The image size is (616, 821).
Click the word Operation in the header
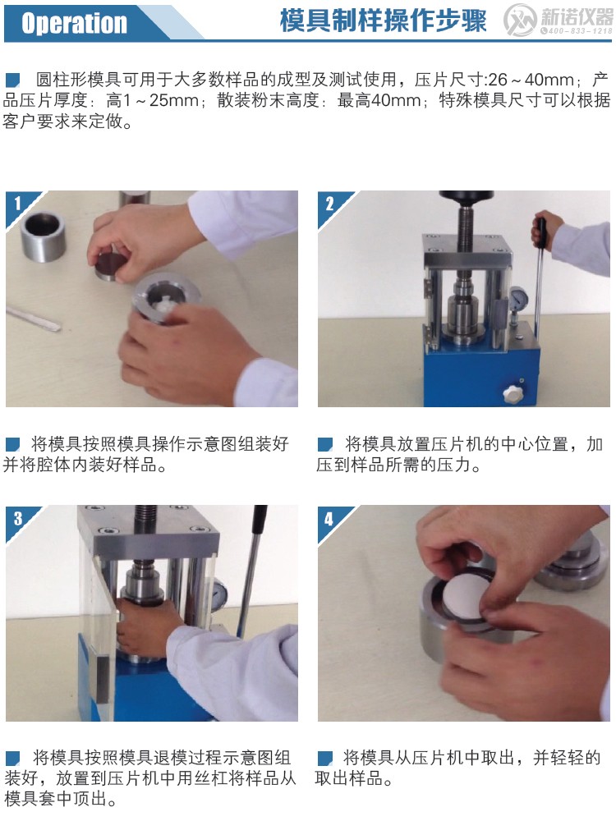[74, 23]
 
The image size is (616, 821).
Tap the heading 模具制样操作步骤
[383, 21]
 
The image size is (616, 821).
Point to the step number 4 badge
[329, 518]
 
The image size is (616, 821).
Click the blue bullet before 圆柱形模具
[12, 80]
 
